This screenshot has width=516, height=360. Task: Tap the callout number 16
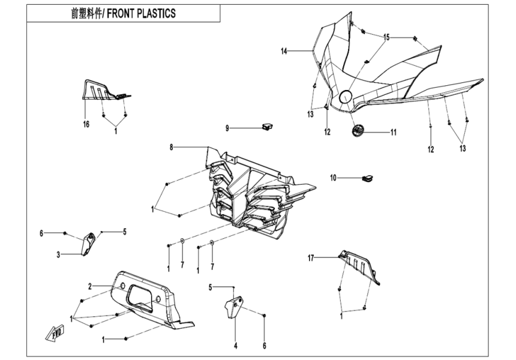86,124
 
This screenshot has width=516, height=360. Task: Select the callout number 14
284,52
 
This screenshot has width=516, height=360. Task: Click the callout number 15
387,37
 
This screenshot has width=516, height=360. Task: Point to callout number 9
227,128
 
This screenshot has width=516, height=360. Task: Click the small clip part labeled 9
267,127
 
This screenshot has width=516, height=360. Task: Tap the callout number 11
394,132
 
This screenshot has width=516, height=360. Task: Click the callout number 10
333,177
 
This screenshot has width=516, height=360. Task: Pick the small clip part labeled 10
367,178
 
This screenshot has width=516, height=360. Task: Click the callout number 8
171,147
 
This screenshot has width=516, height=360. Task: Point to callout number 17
311,258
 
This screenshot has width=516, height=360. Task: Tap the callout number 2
90,286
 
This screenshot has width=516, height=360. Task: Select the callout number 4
235,345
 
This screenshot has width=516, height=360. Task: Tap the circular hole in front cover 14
346,97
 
